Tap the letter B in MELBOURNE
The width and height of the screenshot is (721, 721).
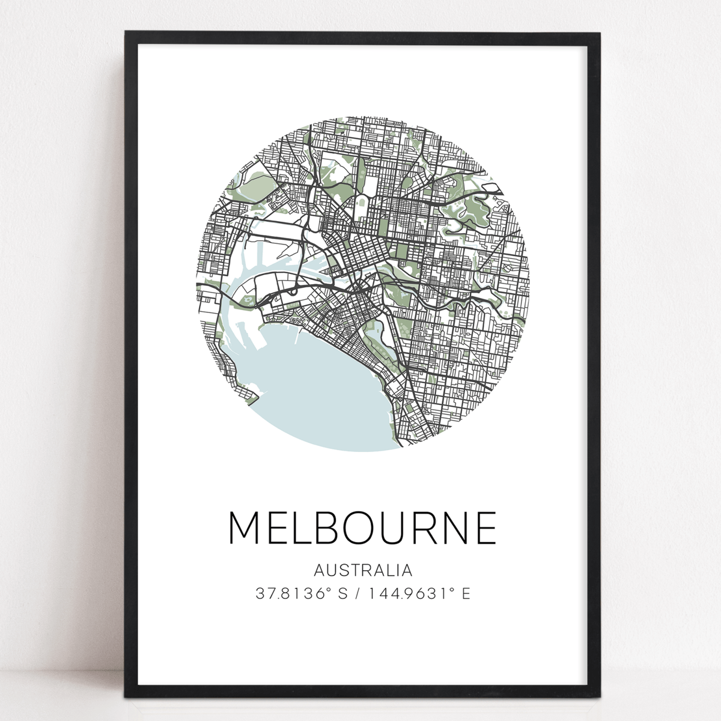pyautogui.click(x=324, y=528)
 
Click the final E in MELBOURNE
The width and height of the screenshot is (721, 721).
pyautogui.click(x=485, y=528)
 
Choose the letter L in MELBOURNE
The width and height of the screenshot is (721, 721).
pyautogui.click(x=299, y=528)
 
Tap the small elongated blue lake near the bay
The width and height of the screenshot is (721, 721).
pyautogui.click(x=380, y=330)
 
